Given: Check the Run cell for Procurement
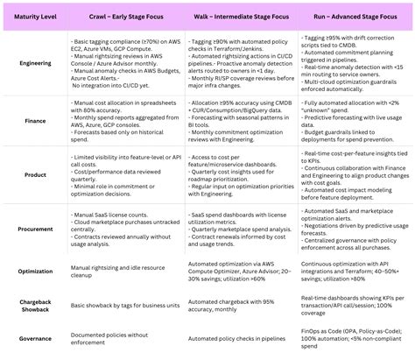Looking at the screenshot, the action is click(x=352, y=229).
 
